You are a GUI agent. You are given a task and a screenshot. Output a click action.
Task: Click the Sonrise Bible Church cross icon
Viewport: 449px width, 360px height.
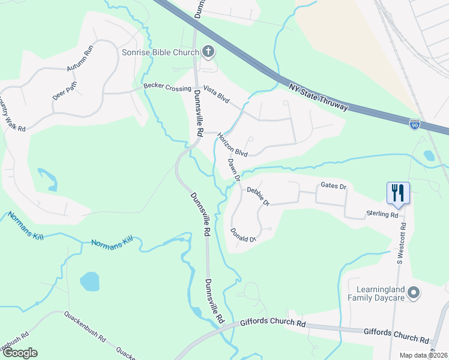pos(208,52)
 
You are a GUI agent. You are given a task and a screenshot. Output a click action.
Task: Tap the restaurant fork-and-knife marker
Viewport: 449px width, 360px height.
pos(398,193)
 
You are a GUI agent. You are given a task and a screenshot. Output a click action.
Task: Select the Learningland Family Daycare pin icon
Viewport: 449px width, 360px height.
pos(413,293)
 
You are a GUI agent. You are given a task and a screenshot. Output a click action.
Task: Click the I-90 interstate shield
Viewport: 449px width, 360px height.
pos(415,124)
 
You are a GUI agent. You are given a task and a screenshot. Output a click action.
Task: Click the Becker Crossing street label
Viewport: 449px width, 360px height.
pos(167,88)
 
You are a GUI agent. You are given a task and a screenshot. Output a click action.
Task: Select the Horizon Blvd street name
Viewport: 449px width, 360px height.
pos(233,145)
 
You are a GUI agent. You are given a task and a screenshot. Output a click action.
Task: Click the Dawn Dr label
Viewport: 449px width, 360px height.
pos(234,170)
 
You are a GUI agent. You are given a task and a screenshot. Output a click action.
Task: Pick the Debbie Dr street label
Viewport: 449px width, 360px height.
pos(259,196)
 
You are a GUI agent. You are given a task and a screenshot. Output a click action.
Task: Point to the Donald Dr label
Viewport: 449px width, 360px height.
pos(244,235)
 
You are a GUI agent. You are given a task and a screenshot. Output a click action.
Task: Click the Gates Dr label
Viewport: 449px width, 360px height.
pos(334,187)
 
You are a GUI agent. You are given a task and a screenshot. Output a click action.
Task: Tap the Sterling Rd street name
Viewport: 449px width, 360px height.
pos(382,214)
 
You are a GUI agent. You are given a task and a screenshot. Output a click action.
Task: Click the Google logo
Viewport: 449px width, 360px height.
pos(19,353)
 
